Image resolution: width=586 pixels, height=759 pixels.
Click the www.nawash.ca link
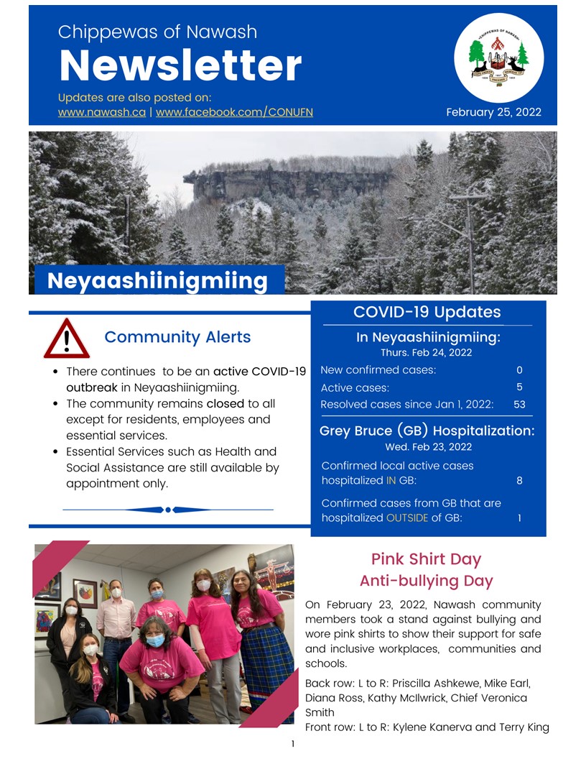101,112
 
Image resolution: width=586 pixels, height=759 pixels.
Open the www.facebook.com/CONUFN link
234,112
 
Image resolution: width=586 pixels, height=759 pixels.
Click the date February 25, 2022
493,112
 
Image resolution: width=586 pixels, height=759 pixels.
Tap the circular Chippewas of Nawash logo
499,57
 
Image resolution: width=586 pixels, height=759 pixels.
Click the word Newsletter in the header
180,65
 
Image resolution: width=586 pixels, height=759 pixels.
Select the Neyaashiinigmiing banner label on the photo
157,280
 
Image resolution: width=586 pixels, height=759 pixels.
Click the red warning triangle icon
66,339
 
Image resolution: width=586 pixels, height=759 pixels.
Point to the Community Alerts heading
177,337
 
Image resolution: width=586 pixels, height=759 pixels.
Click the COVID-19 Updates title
427,312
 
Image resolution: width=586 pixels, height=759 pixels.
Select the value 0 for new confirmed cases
519,370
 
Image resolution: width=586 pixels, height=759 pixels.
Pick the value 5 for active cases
519,387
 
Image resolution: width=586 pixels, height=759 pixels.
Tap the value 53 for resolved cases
519,405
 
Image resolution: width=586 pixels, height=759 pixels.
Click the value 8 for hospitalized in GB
519,480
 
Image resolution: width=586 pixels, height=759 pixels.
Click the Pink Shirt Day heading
426,559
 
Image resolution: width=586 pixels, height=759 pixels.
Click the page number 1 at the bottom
293,744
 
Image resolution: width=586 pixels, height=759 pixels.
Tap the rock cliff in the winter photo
287,183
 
